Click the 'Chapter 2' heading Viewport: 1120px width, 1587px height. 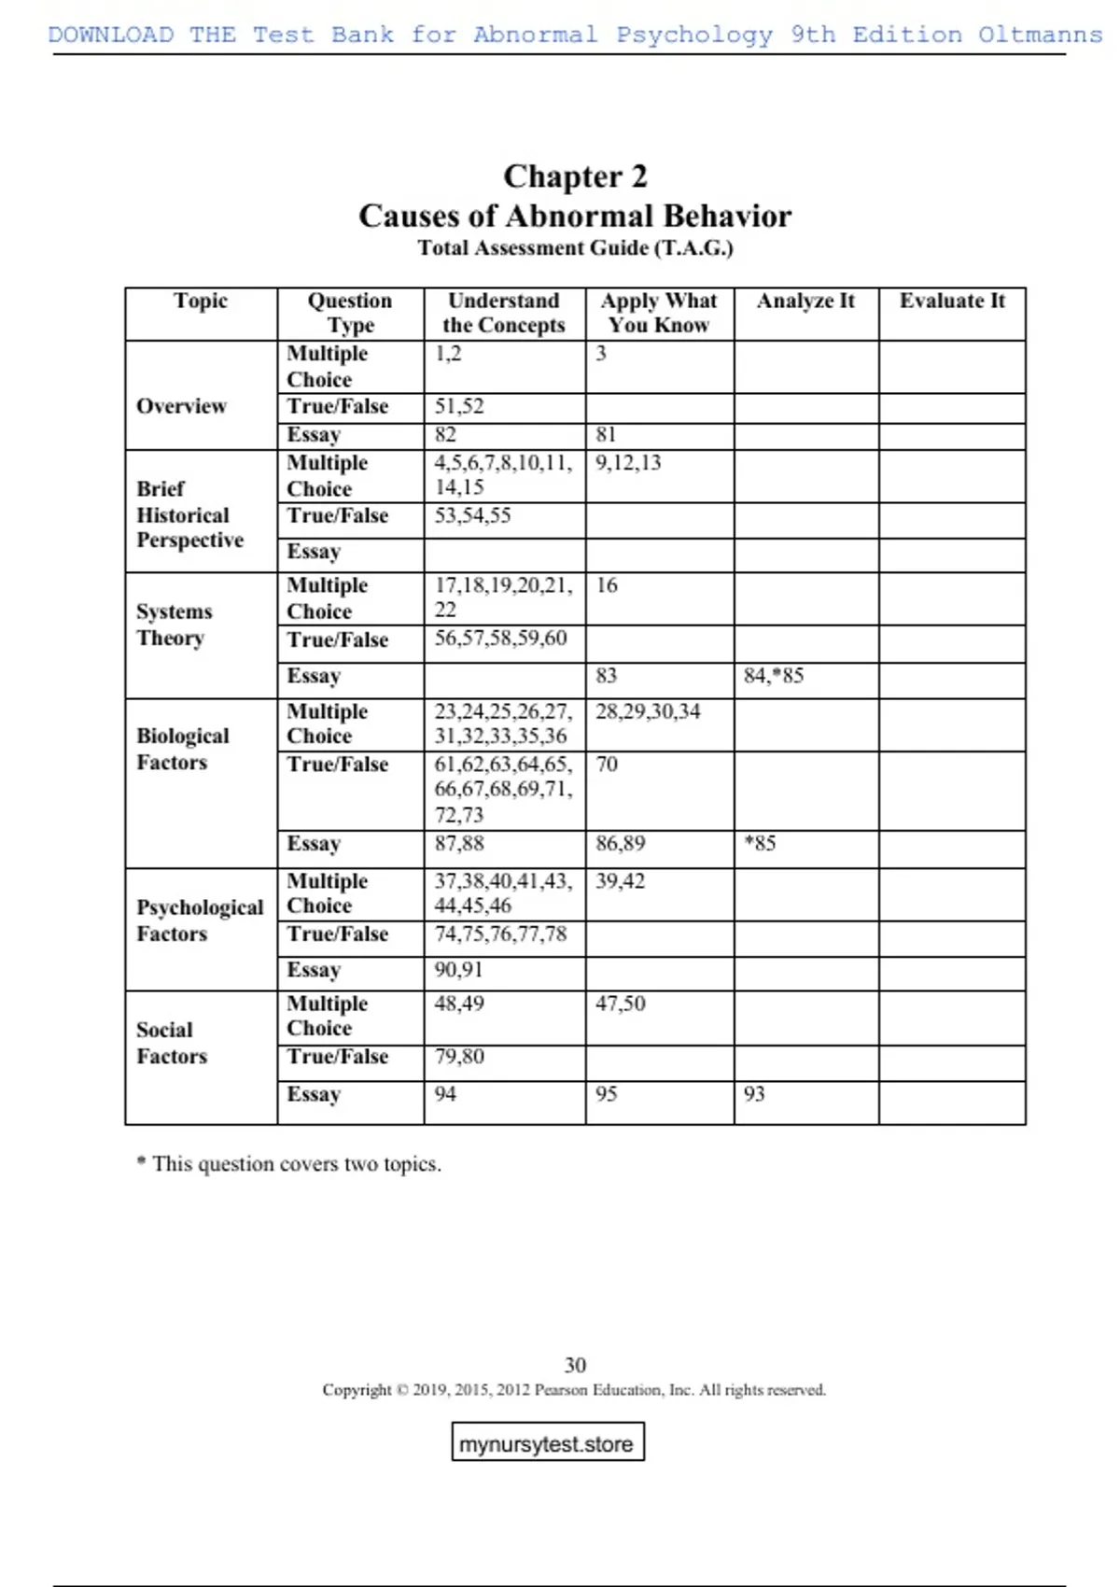point(575,176)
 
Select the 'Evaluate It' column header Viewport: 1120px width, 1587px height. point(952,301)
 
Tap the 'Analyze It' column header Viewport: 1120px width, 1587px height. point(805,301)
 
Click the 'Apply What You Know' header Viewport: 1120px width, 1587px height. point(659,313)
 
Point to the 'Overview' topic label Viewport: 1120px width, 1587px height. point(181,406)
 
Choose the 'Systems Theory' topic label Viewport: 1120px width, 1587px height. point(174,625)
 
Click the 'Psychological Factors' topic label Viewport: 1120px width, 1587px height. point(200,920)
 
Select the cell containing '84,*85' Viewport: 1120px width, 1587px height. point(774,676)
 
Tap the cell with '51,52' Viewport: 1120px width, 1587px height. point(459,407)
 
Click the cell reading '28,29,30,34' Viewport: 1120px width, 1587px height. point(648,712)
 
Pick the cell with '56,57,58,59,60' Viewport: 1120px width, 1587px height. point(500,639)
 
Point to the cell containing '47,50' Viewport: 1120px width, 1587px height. point(621,1004)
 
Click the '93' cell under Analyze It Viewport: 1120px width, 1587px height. point(754,1094)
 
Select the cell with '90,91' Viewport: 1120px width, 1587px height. point(458,970)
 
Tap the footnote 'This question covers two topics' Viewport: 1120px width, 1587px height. point(289,1164)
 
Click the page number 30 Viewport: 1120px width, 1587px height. point(575,1365)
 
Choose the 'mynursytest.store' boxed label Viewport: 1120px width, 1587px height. point(547,1443)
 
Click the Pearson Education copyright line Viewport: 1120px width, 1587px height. point(574,1390)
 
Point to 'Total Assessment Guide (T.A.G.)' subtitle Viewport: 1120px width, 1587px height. point(575,248)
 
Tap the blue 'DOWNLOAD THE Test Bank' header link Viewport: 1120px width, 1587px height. point(575,35)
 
